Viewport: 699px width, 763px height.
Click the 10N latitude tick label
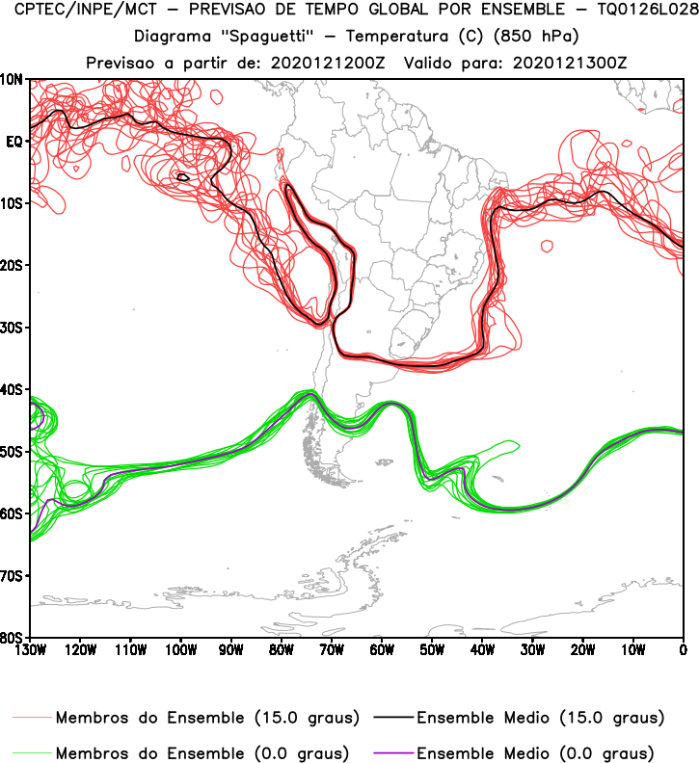coord(13,79)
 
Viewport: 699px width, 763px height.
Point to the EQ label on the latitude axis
coord(14,141)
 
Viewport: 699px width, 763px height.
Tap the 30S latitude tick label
coord(13,328)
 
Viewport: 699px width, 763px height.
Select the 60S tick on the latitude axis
coord(13,513)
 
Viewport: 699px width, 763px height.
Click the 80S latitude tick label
coord(13,638)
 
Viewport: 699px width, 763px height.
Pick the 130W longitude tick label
coord(30,649)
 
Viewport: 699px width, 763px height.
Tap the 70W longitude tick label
coord(332,649)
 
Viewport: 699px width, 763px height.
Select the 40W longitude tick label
coord(482,649)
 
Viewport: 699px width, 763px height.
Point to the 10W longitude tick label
coord(633,649)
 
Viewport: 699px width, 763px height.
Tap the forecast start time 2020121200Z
coord(327,63)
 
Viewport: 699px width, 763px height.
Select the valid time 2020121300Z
coord(558,63)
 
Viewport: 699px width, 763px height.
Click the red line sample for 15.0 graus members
coord(33,719)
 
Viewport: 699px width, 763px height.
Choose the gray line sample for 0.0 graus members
coord(33,751)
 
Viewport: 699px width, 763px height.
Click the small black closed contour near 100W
coord(183,176)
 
